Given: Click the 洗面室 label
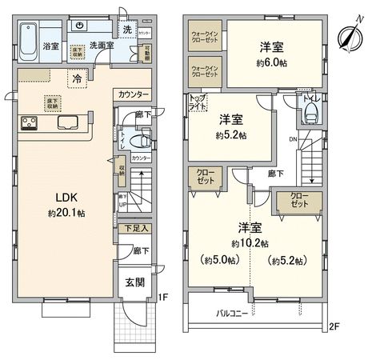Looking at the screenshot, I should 102,46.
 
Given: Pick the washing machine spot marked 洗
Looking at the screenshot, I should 126,30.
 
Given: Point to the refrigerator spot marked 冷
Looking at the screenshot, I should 77,79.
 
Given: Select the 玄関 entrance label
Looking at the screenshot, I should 132,284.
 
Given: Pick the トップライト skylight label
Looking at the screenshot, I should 196,102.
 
